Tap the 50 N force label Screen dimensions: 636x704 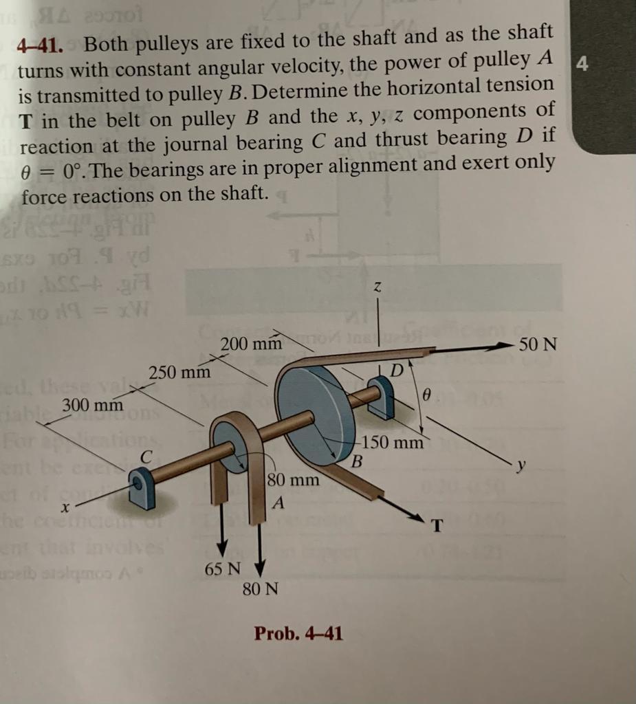pos(538,344)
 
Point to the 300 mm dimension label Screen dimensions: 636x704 pos(93,406)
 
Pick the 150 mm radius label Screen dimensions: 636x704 pos(394,442)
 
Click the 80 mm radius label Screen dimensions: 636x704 pos(294,479)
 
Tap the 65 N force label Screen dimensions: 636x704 pos(223,570)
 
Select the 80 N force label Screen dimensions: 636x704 pos(261,589)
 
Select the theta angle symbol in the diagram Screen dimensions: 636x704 pos(428,395)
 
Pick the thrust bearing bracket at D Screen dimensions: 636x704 pos(382,398)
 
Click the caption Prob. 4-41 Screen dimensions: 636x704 pos(298,632)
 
